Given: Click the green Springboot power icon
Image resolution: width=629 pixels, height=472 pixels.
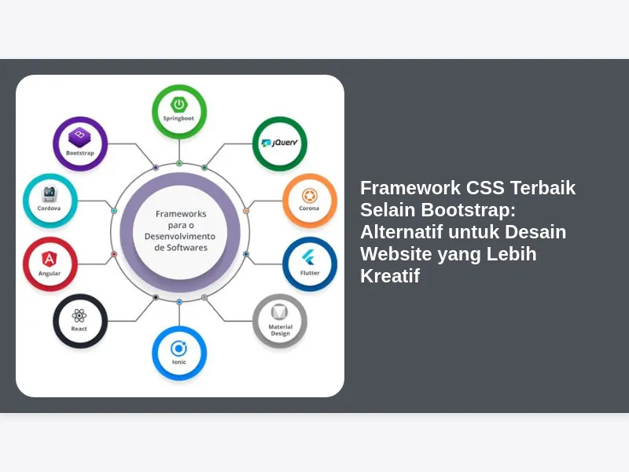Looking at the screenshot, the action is click(179, 105).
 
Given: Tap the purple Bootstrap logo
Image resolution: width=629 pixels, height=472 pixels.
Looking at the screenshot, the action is click(80, 137).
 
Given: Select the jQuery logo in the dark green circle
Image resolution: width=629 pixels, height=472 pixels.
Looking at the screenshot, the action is click(280, 142).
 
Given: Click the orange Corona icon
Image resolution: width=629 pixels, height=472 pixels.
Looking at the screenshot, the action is click(309, 196).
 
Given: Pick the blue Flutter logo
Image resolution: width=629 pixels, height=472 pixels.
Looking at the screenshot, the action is click(308, 257).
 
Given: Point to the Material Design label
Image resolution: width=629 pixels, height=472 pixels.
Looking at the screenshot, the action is click(281, 330).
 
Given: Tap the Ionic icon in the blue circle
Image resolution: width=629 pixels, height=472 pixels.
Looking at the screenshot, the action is click(178, 348).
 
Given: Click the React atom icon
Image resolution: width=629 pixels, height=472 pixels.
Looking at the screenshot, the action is click(79, 316).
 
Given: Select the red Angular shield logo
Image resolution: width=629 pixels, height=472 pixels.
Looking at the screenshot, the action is click(50, 259).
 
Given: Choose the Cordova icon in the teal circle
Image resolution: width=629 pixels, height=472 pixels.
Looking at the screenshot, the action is click(49, 194).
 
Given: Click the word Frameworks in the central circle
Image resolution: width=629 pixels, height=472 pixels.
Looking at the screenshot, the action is click(181, 214).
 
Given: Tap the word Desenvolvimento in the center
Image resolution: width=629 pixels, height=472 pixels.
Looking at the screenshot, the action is click(180, 237).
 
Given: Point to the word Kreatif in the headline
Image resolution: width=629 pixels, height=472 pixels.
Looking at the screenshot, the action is click(390, 276).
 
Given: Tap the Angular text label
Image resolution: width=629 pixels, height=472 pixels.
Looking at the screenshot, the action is click(50, 274).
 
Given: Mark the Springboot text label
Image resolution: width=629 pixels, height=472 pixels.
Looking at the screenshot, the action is click(178, 119).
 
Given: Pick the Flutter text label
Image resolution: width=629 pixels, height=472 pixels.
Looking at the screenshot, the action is click(310, 273).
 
